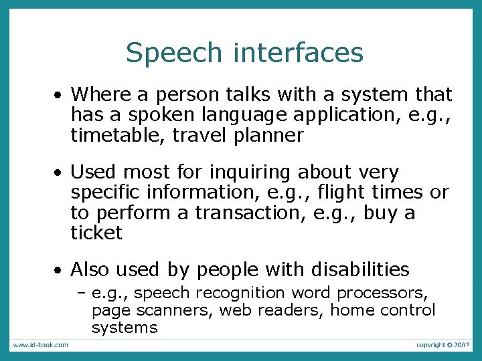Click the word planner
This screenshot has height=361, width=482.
point(269,136)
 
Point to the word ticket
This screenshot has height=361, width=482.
point(96,233)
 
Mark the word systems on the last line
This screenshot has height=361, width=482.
point(125,328)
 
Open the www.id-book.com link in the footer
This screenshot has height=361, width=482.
point(39,345)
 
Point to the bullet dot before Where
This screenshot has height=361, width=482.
point(60,96)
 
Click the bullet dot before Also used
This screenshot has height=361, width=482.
point(60,271)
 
